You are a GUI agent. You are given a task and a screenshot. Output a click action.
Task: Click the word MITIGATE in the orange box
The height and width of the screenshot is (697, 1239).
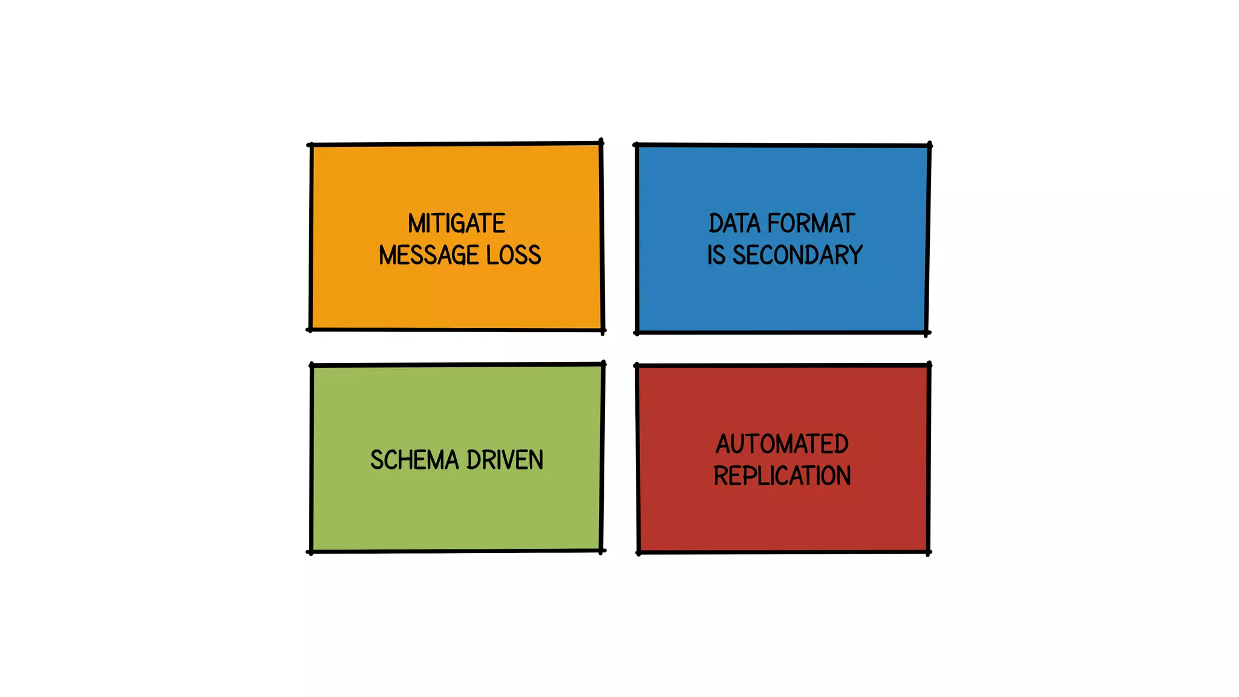coord(456,224)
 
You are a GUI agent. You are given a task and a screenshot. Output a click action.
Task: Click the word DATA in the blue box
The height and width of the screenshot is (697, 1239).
coord(734,224)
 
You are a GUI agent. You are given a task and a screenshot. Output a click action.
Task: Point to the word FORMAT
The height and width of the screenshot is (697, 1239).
coord(811,224)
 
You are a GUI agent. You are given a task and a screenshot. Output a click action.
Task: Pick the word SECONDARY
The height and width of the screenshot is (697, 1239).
coord(797,255)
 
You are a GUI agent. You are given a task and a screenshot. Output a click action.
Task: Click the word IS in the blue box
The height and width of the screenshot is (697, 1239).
coord(716,255)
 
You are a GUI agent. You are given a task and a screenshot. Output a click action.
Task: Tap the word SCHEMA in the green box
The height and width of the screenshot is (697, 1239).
coord(415,460)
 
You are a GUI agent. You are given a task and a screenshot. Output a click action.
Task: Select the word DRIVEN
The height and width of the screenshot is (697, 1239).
coord(505,460)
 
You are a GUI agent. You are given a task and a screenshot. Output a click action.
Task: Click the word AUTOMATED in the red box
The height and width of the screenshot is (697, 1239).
coord(782,445)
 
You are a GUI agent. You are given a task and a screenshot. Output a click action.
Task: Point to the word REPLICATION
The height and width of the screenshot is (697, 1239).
coord(782,476)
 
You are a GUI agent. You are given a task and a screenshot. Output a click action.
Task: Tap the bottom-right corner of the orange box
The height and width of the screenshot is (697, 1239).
coord(603,330)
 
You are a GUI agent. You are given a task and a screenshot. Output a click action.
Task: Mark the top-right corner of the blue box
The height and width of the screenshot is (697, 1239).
coord(929,146)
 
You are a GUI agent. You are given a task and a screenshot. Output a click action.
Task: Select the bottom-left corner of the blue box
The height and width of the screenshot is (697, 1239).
coord(637,332)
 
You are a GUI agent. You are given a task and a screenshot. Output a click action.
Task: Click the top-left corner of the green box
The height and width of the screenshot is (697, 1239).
coord(312,365)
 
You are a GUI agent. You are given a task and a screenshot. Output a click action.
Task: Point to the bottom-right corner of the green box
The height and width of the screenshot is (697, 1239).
coord(601,551)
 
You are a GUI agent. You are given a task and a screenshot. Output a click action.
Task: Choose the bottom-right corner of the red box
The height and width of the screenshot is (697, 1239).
coord(928,552)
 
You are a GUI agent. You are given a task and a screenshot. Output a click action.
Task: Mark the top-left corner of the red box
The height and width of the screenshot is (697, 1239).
coord(637,365)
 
